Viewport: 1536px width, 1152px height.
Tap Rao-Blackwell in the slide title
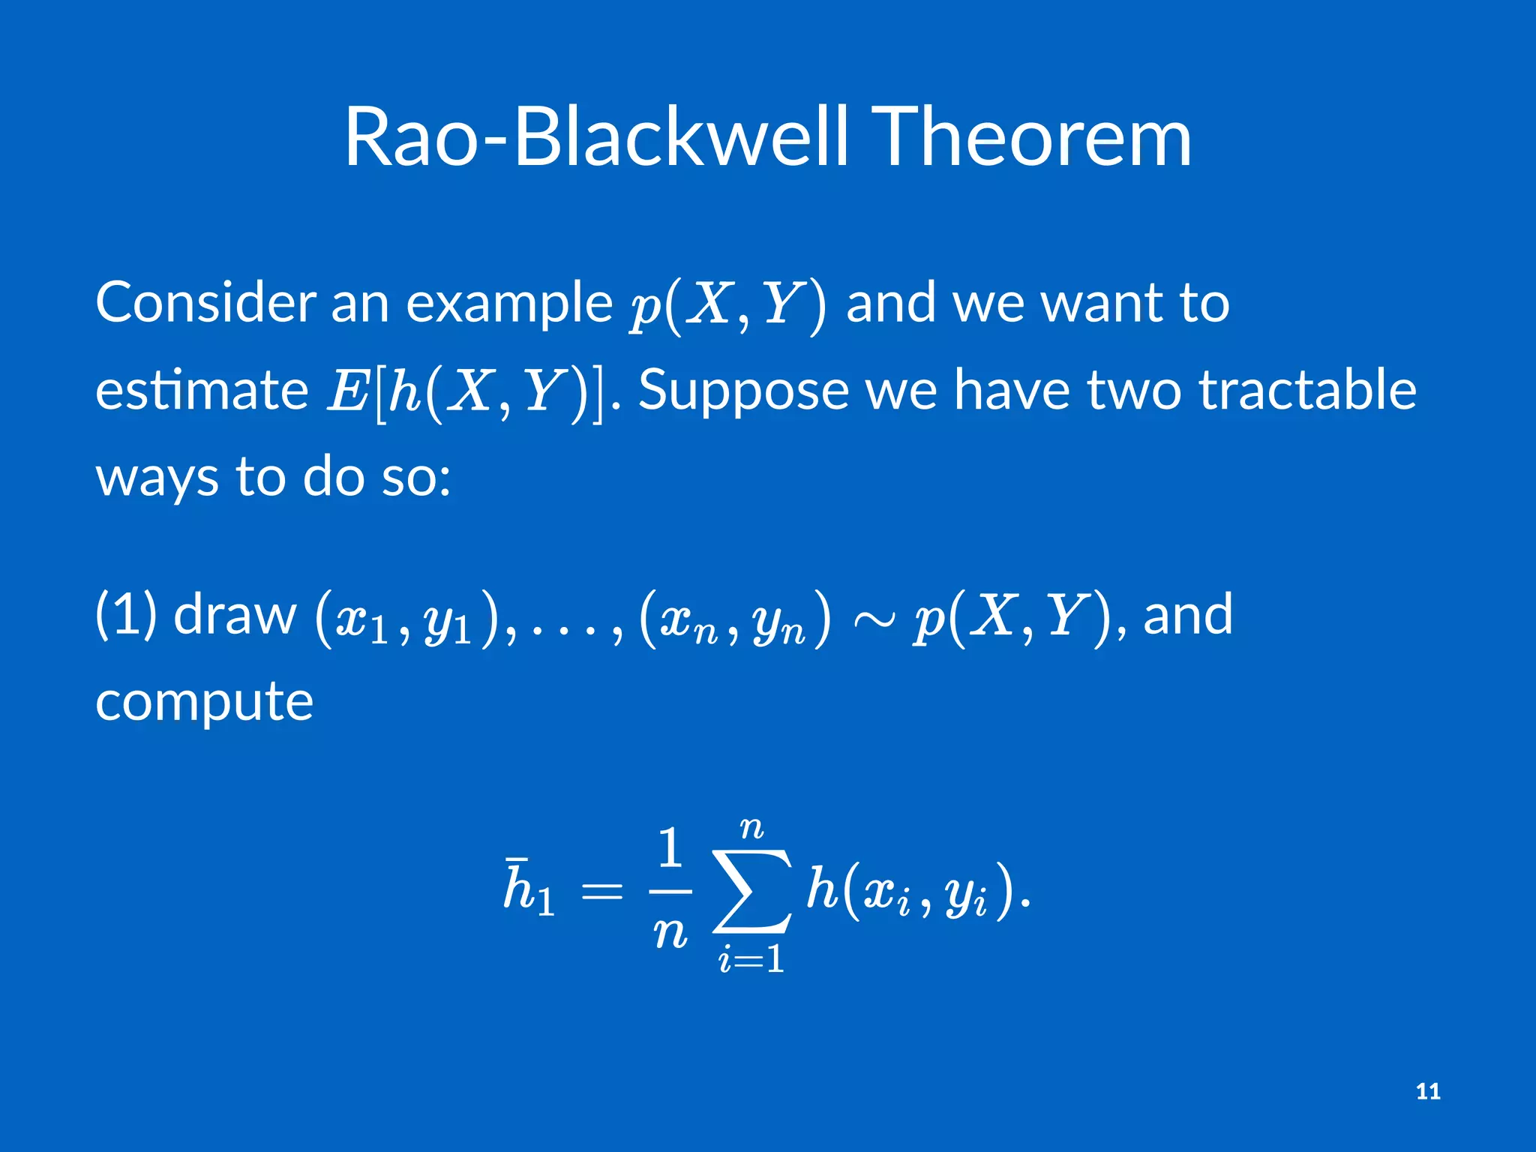tap(597, 137)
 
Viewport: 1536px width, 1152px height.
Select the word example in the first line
tap(509, 304)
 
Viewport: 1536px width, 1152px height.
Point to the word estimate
tap(202, 390)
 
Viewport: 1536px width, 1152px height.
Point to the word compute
tap(204, 703)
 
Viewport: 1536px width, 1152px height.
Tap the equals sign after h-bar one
tap(602, 892)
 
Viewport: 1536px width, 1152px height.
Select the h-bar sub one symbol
tap(529, 889)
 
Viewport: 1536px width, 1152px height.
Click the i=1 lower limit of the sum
tap(751, 959)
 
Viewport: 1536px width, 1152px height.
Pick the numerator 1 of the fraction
tap(669, 848)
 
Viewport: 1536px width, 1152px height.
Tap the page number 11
tap(1428, 1091)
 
